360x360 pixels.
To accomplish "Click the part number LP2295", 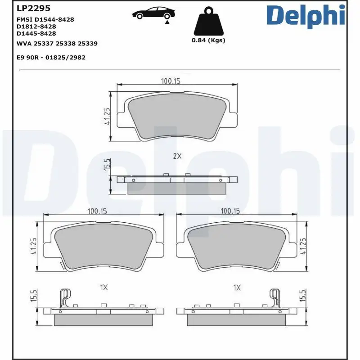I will tap(33, 8).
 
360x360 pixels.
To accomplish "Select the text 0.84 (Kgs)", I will tap(208, 40).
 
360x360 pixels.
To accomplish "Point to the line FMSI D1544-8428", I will tap(45, 19).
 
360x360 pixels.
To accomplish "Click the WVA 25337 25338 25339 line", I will tap(57, 44).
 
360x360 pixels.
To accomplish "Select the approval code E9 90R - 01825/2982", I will tap(51, 57).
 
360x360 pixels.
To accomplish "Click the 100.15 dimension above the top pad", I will tap(171, 81).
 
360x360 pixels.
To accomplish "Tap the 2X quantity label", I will tap(177, 157).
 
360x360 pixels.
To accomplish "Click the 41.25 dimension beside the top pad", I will tap(107, 116).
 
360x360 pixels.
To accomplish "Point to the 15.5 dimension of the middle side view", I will tap(107, 164).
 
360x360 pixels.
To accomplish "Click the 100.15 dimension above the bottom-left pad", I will tap(99, 210).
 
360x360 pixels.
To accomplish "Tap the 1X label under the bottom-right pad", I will tap(237, 287).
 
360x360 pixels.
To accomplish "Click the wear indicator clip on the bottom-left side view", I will tap(65, 297).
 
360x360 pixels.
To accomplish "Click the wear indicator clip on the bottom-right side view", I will tap(274, 297).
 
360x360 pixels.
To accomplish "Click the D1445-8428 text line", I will tap(36, 33).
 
